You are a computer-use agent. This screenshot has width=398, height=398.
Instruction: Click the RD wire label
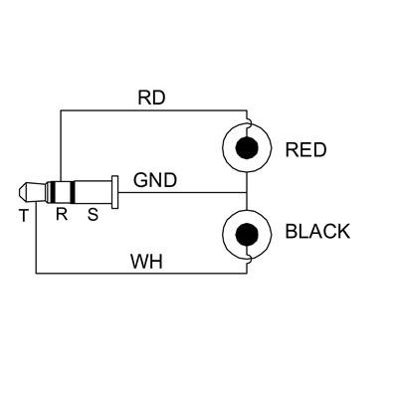point(150,99)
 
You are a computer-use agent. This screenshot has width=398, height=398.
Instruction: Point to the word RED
point(305,151)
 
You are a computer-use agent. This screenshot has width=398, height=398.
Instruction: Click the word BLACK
point(317,232)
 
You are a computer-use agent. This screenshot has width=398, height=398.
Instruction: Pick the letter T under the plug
point(24,214)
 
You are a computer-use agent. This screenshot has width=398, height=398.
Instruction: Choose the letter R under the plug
point(61,214)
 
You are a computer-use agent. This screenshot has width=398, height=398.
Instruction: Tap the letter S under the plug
point(94,214)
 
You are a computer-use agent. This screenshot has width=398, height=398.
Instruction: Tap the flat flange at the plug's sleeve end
point(116,192)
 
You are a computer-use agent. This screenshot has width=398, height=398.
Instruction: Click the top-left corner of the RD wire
point(60,109)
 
